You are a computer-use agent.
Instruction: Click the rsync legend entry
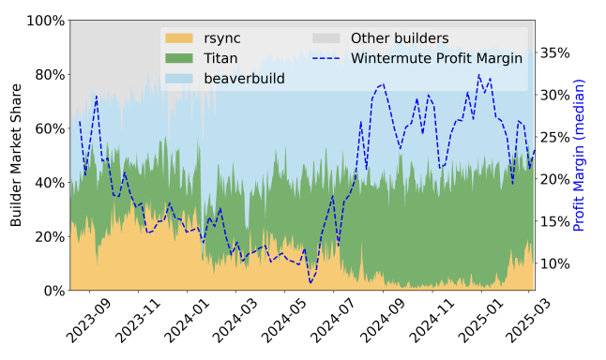(221, 38)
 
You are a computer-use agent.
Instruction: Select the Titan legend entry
(221, 58)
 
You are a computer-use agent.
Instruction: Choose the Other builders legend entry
(399, 38)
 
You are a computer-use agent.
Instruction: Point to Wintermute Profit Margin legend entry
(437, 58)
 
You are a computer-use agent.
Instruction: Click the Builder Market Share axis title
(16, 156)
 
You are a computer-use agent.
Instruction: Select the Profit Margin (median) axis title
(579, 156)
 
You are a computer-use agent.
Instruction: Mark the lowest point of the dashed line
(311, 282)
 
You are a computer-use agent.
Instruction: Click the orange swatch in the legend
(178, 38)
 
